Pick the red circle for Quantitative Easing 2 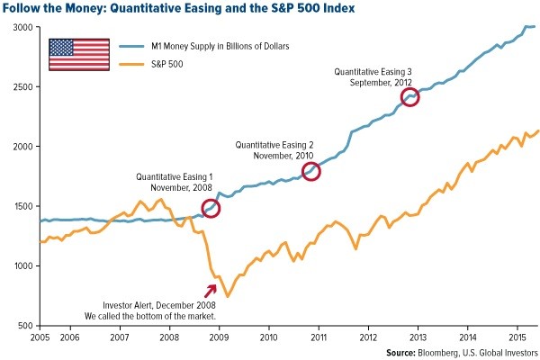(x=311, y=172)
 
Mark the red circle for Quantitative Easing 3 (x=410, y=96)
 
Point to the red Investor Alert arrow (x=212, y=290)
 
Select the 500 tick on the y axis (x=26, y=325)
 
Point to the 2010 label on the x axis (x=269, y=335)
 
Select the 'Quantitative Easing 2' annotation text (x=274, y=144)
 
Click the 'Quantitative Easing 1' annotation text (x=175, y=176)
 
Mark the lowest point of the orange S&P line (x=228, y=296)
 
